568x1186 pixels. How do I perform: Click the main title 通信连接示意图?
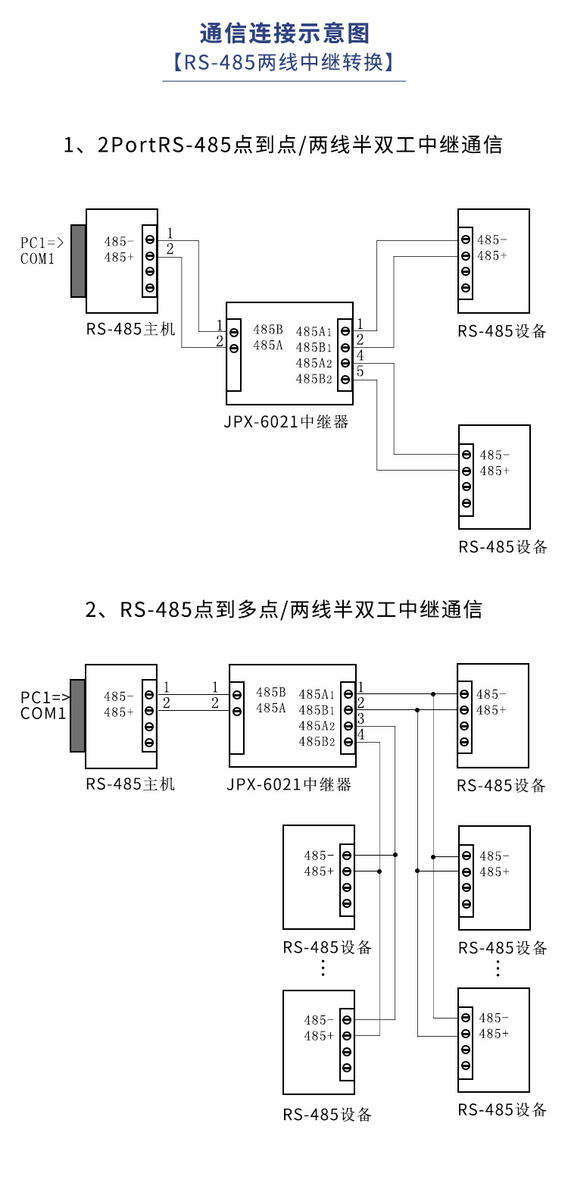pyautogui.click(x=284, y=33)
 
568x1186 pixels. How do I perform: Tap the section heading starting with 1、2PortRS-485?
pyautogui.click(x=284, y=145)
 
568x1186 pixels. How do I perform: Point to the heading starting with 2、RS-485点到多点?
pyautogui.click(x=284, y=609)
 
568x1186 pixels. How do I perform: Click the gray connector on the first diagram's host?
pyautogui.click(x=78, y=261)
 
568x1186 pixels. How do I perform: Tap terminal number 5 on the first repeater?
pyautogui.click(x=360, y=371)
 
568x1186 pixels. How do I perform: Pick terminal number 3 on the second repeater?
pyautogui.click(x=361, y=718)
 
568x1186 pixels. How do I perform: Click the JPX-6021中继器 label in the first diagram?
pyautogui.click(x=286, y=422)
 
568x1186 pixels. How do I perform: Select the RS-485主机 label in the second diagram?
pyautogui.click(x=130, y=784)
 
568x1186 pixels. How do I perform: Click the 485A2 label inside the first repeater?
pyautogui.click(x=314, y=363)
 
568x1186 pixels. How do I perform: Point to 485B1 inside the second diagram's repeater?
pyautogui.click(x=317, y=710)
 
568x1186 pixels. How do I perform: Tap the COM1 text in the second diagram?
pyautogui.click(x=43, y=713)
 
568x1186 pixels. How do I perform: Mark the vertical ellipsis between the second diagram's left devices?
pyautogui.click(x=323, y=968)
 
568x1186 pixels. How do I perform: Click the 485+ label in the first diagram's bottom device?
pyautogui.click(x=495, y=471)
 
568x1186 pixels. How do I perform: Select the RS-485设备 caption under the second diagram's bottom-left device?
pyautogui.click(x=327, y=1115)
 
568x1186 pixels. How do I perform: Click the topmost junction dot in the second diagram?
pyautogui.click(x=433, y=693)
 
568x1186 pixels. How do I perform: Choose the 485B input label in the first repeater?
pyautogui.click(x=268, y=330)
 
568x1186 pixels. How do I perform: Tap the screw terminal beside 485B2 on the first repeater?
pyautogui.click(x=345, y=379)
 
